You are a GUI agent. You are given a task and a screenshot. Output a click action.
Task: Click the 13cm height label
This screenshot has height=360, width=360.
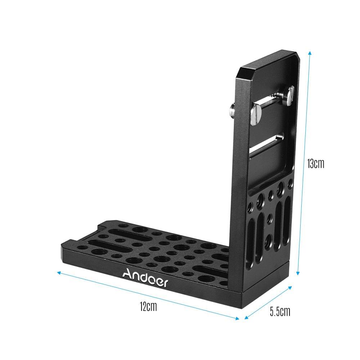(x=316, y=164)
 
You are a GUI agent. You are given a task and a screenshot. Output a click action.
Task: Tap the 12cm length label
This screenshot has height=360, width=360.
(x=149, y=306)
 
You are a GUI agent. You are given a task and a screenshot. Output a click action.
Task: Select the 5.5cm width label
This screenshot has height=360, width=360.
(x=280, y=311)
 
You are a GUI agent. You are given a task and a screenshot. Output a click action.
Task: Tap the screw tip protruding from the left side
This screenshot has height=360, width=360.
(x=232, y=108)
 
